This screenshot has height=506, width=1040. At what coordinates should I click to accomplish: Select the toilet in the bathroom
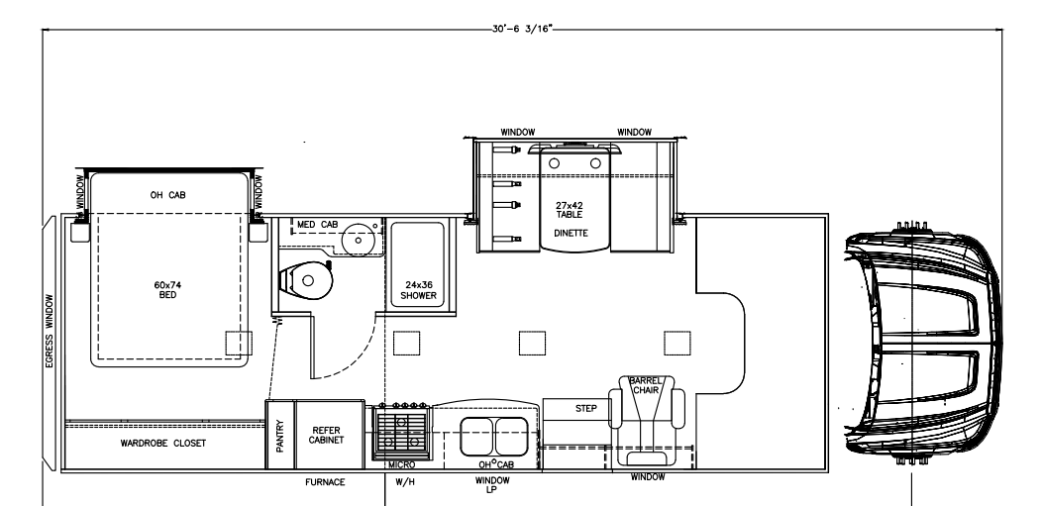(306, 279)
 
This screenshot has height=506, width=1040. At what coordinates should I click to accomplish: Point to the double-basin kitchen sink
(494, 433)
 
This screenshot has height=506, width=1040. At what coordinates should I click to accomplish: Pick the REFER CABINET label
(328, 436)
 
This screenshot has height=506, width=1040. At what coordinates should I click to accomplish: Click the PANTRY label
(279, 436)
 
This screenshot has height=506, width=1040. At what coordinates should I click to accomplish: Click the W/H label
(403, 482)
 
